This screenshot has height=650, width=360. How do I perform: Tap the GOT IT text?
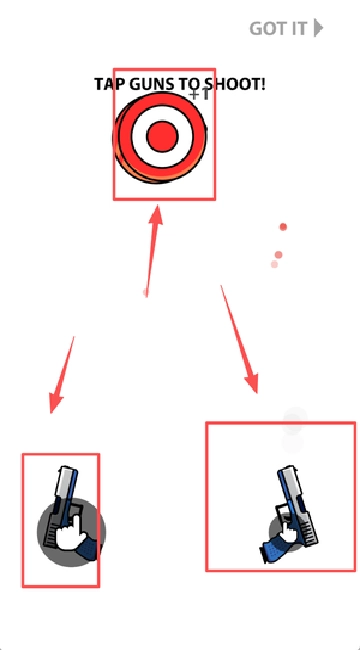point(278,29)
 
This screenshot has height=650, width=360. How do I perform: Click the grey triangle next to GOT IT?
point(318,28)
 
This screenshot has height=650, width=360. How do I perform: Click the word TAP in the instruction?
point(110,84)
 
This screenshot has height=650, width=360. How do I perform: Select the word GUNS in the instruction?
point(152,84)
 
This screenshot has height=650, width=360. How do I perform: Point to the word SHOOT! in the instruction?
point(235,84)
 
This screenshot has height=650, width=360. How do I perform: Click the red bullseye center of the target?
point(162,136)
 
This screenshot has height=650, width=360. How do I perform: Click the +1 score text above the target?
point(199,94)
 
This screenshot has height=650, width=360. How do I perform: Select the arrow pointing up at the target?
point(152,251)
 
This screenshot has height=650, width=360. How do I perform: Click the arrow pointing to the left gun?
point(62,375)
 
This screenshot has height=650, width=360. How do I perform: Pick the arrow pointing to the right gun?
point(239,339)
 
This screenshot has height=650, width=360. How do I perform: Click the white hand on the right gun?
point(287,531)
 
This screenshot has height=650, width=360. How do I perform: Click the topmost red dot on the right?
point(283,227)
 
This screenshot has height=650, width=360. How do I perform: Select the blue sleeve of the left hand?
point(89,548)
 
